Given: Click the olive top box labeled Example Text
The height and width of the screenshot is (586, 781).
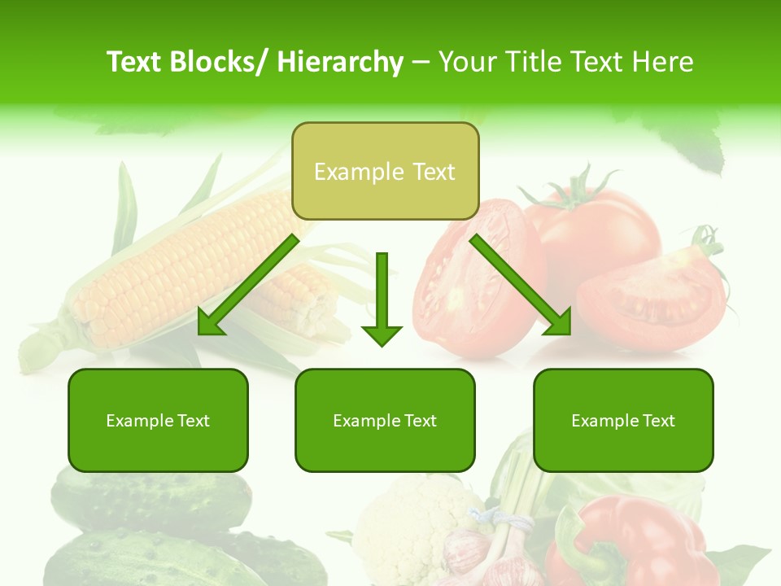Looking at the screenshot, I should pos(385,171).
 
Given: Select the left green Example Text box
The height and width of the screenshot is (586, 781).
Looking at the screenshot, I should pos(158,420).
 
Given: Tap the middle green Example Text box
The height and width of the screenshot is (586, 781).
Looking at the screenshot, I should pos(385,420).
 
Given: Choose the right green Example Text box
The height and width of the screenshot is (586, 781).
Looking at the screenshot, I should pos(623,420).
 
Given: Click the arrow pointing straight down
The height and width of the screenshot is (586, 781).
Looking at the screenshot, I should pos(382,301).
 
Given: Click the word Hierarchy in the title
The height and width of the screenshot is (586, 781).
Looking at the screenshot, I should pos(340,62).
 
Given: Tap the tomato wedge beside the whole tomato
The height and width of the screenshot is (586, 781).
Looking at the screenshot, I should pos(651,297).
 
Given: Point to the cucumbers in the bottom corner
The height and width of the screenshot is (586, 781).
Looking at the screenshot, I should pos(146,529).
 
